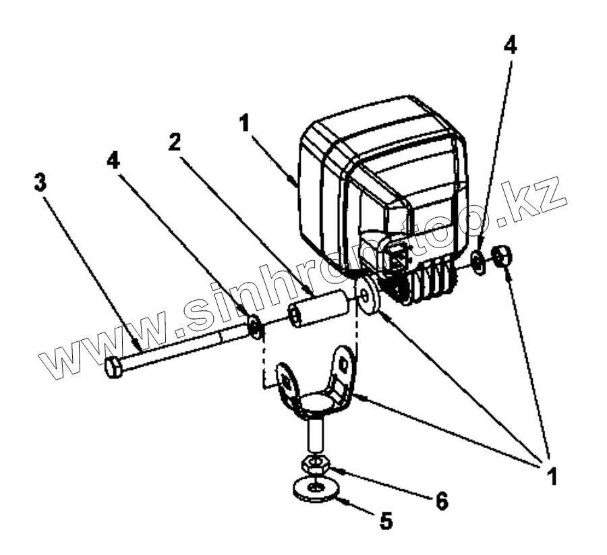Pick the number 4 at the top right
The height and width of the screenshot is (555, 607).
click(511, 46)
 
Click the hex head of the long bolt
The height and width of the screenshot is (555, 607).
click(113, 368)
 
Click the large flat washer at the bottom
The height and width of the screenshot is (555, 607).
click(316, 487)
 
